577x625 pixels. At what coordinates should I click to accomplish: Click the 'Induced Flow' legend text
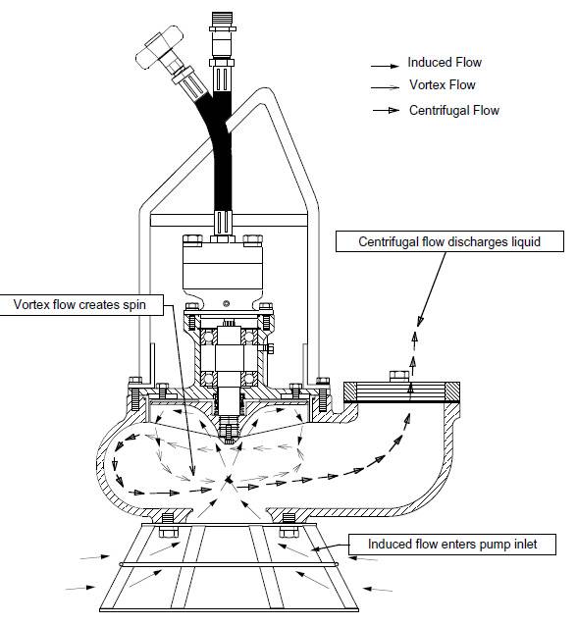pyautogui.click(x=445, y=63)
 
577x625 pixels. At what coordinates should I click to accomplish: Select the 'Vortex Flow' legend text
pyautogui.click(x=442, y=86)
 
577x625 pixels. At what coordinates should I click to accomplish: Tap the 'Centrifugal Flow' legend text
pyautogui.click(x=453, y=110)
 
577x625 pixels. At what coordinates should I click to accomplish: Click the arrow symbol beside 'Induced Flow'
pyautogui.click(x=385, y=64)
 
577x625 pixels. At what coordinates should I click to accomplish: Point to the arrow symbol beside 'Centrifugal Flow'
pyautogui.click(x=385, y=111)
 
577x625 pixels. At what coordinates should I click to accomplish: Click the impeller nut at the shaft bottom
pyautogui.click(x=229, y=424)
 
